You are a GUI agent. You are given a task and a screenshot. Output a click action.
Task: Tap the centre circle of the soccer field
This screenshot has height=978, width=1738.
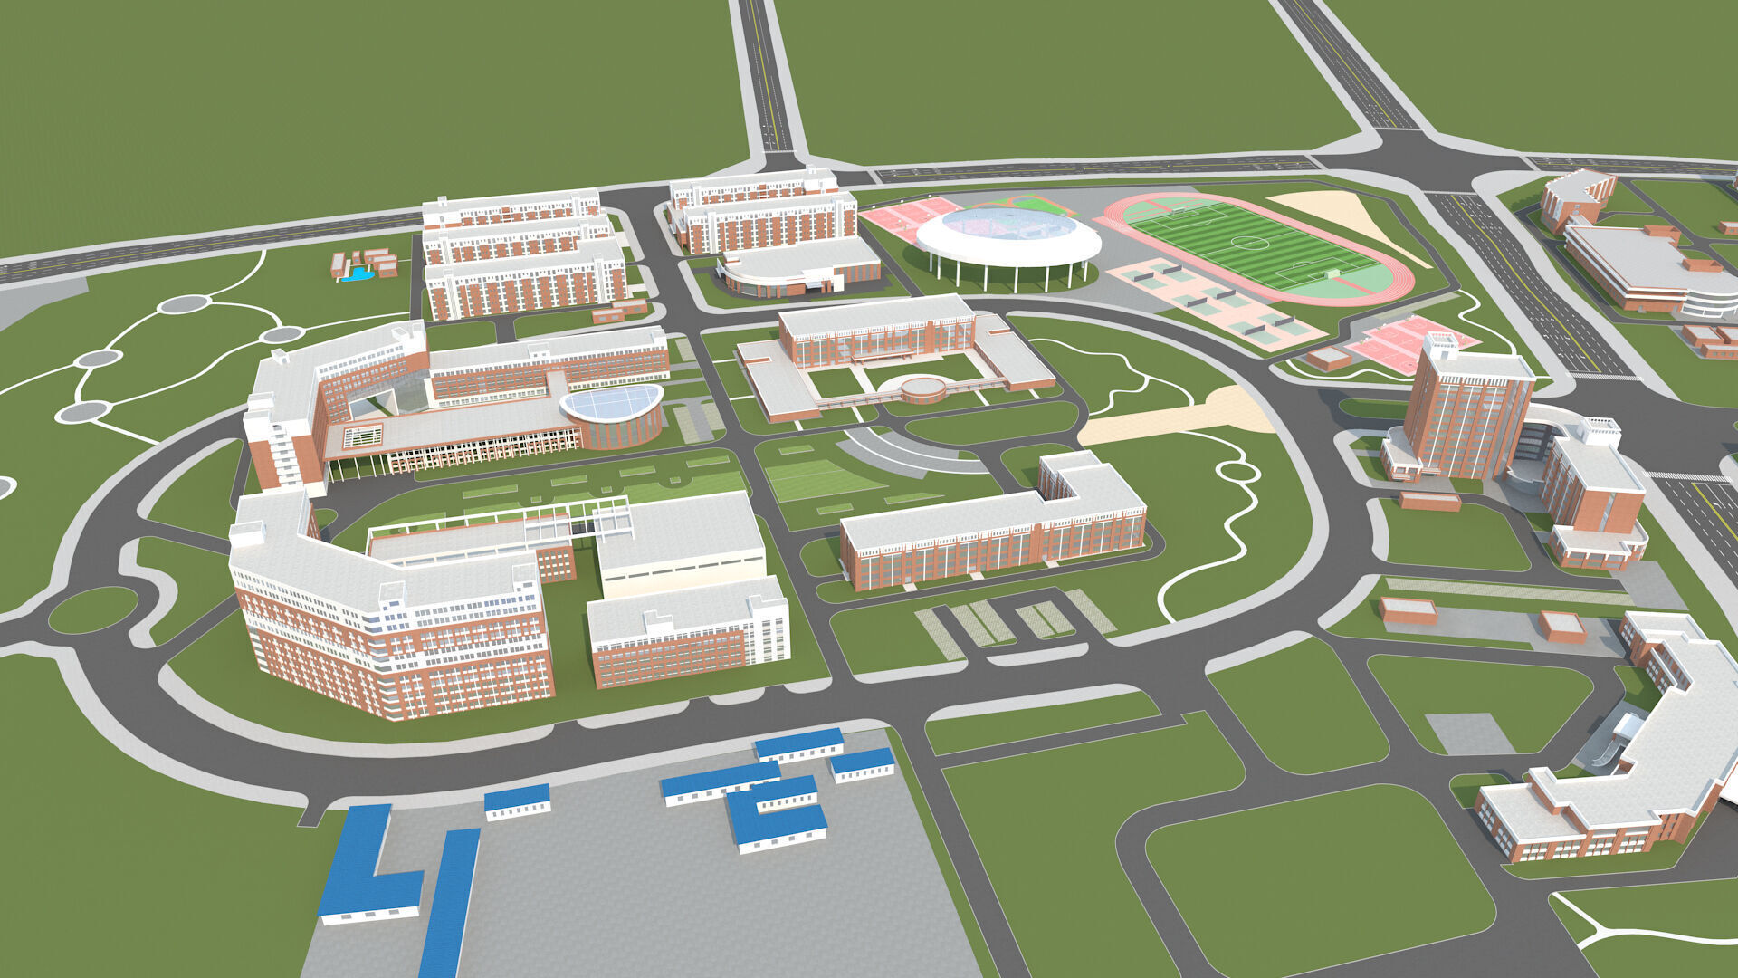[x=1250, y=242]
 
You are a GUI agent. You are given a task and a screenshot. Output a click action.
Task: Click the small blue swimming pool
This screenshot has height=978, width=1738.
[x=360, y=273]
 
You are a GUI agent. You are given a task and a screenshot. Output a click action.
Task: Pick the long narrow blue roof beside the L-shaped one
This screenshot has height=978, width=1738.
[x=451, y=901]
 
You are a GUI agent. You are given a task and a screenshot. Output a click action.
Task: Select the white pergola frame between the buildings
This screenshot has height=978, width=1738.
[x=507, y=520]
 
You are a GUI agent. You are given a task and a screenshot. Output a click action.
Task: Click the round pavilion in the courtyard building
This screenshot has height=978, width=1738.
[x=923, y=389]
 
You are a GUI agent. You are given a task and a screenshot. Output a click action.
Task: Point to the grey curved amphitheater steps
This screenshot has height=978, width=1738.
[x=896, y=451]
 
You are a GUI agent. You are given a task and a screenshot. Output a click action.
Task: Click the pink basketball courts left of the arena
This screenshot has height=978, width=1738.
[x=905, y=217]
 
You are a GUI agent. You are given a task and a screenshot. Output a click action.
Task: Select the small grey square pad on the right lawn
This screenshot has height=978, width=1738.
[x=1468, y=733]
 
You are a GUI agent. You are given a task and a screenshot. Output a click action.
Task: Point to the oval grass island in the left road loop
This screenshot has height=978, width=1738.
[x=92, y=609]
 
